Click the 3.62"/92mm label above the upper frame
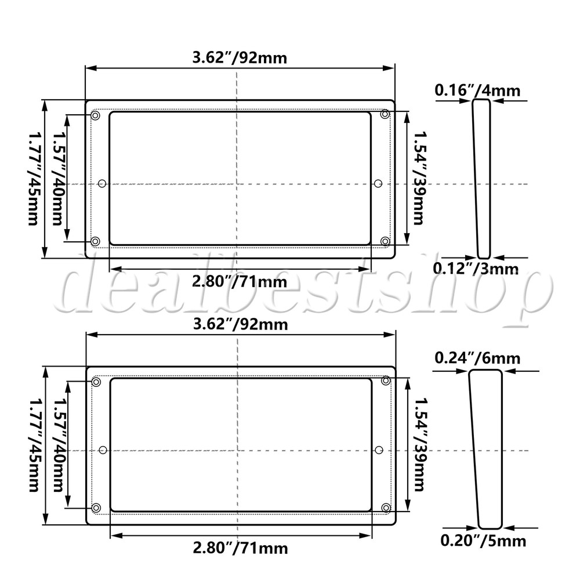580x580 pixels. click(240, 58)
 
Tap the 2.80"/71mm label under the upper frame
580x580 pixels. click(240, 282)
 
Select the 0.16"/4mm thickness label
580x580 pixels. click(477, 90)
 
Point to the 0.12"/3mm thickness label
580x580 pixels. click(476, 268)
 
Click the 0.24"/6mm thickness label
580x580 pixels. click(477, 358)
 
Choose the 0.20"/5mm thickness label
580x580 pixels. click(483, 541)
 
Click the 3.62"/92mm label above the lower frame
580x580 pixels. click(241, 324)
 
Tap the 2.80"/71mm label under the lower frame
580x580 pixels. click(241, 548)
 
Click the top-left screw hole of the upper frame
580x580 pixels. click(96, 116)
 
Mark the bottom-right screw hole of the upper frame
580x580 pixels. click(385, 241)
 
